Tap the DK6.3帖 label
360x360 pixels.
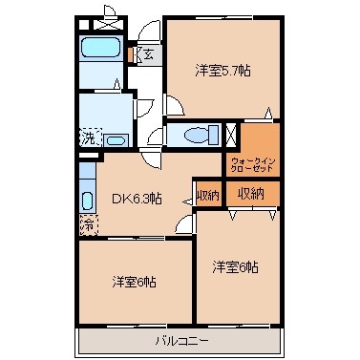click(x=137, y=199)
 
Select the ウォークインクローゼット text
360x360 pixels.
click(x=253, y=163)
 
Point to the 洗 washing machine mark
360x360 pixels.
click(x=88, y=138)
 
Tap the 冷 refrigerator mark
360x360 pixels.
click(x=88, y=225)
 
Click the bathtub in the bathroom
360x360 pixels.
click(x=98, y=49)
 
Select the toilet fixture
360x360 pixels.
click(x=196, y=135)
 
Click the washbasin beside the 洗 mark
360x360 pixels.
click(x=116, y=140)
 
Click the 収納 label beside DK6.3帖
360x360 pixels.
click(x=207, y=195)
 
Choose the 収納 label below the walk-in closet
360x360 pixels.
click(x=252, y=194)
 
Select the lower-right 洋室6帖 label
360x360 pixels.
click(x=235, y=267)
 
